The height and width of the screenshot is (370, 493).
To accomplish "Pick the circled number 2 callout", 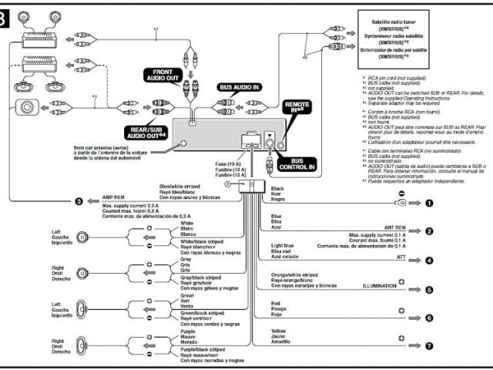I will tap(430, 230).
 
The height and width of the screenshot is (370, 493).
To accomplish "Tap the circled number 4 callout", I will tap(430, 260).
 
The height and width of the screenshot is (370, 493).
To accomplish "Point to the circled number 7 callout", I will tap(430, 345).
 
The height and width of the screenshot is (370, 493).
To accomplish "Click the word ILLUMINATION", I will tap(379, 285).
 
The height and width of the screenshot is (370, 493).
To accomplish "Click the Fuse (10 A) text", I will tap(228, 163).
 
